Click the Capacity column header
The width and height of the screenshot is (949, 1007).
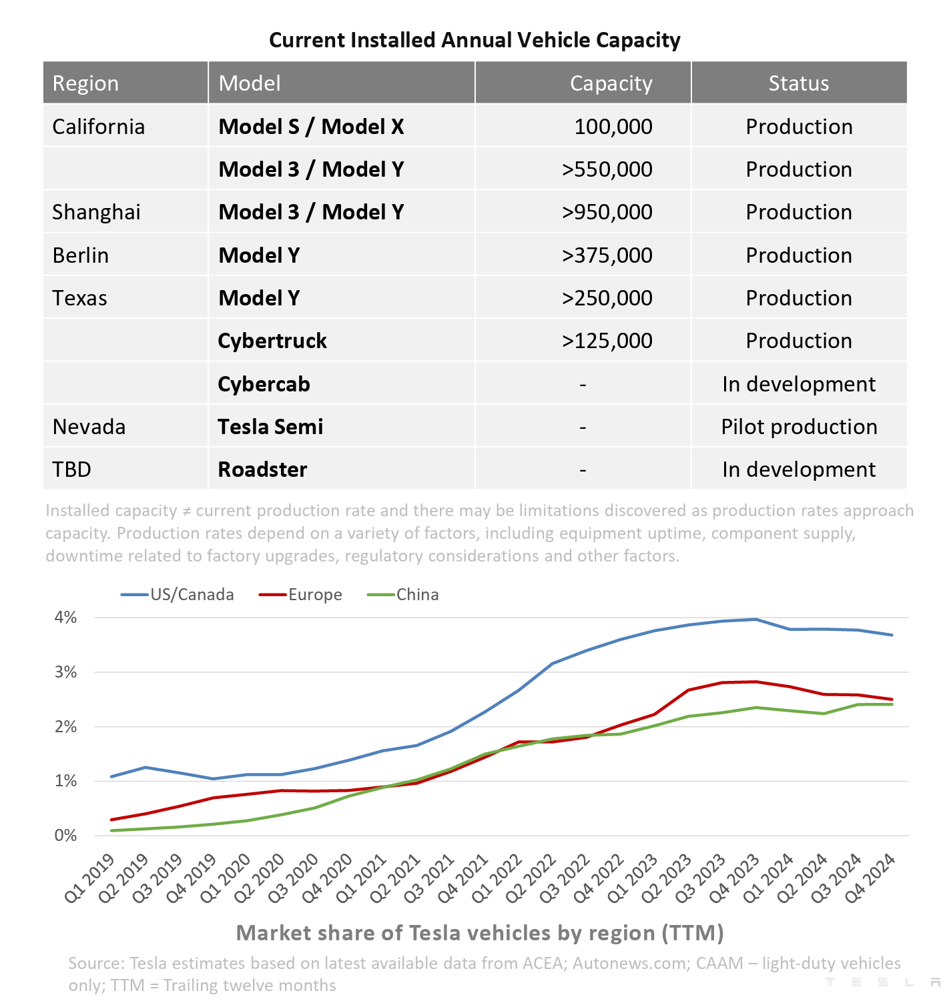pos(611,83)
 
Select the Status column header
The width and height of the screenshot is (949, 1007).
pos(798,83)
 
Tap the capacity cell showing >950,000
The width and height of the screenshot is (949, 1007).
pos(607,212)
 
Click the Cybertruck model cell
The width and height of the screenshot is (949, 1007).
pos(272,341)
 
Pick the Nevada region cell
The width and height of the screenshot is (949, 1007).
pos(89,427)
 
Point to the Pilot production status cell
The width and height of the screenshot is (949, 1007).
pos(799,427)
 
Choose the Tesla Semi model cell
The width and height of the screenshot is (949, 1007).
pos(270,427)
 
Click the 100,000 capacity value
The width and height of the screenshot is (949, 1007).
pos(613,127)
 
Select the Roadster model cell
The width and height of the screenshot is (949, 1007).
pos(262,469)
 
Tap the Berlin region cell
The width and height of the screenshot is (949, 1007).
pos(80,255)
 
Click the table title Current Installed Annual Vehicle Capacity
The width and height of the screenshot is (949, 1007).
pos(474,40)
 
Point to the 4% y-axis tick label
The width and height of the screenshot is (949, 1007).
pos(65,618)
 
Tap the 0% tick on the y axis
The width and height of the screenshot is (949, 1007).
pos(65,836)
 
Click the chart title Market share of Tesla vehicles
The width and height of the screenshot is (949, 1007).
pos(480,932)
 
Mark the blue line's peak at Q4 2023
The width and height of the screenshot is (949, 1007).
pos(755,620)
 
